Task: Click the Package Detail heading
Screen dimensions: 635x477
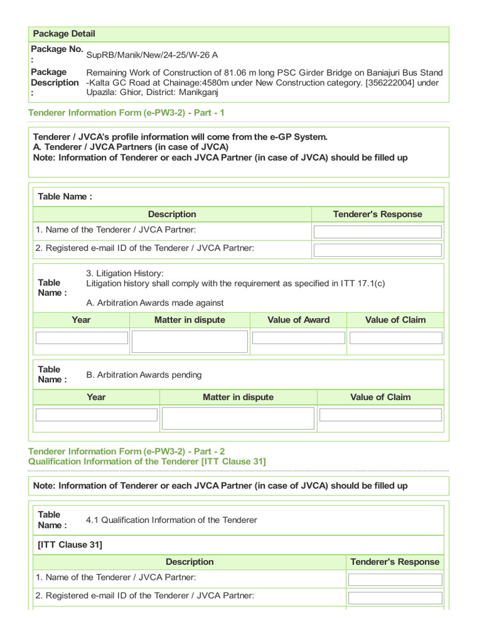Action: pos(64,33)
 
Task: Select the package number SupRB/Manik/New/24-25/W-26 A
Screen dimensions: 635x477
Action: pos(152,55)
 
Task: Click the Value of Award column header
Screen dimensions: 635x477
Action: pos(298,320)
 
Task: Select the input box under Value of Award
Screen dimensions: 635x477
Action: pos(298,338)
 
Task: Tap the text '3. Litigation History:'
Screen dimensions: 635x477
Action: pos(124,273)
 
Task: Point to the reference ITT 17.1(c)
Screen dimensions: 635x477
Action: pos(363,283)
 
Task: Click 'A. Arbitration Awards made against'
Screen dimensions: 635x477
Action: pos(155,303)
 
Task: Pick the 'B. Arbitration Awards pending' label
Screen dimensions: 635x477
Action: pos(143,375)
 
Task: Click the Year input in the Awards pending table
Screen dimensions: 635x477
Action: pos(96,415)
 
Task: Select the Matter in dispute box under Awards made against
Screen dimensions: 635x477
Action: pos(189,341)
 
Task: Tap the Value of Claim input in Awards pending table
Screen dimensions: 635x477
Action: pos(380,415)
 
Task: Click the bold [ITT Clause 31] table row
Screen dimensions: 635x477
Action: pos(70,544)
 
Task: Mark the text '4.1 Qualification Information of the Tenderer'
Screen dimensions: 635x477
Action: pos(171,520)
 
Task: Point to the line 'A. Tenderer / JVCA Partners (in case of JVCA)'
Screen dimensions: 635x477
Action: pos(130,147)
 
